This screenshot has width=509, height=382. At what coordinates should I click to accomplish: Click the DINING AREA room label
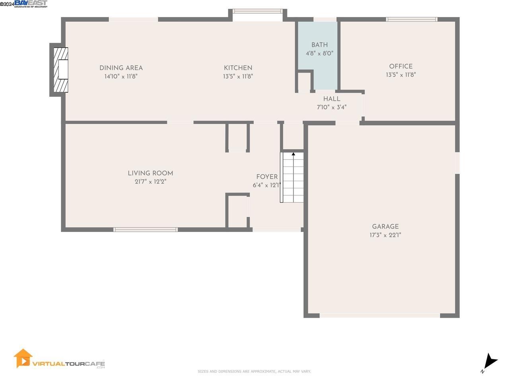pos(121,68)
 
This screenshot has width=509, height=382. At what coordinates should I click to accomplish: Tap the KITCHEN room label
pos(238,68)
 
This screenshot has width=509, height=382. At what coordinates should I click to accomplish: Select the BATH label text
pos(319,45)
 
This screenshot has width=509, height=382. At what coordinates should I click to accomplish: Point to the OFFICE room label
pos(401,66)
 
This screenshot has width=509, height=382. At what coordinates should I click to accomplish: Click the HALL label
pos(331,99)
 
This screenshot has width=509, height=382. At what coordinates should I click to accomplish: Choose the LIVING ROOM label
pos(150,173)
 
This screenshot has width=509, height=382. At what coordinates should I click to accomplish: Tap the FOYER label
pos(267,177)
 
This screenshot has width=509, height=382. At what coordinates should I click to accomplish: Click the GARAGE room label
pos(385,226)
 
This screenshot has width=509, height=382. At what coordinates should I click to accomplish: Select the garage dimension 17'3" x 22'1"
pos(385,235)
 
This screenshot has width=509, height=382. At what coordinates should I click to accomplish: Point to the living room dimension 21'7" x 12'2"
pos(150,182)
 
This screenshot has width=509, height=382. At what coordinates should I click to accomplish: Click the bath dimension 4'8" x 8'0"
pos(319,53)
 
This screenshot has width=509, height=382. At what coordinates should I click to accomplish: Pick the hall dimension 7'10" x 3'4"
pos(331,107)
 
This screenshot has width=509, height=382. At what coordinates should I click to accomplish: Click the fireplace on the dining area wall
pos(60,70)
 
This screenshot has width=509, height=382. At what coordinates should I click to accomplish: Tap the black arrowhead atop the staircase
pos(293,154)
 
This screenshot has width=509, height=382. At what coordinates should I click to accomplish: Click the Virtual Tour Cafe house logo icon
pos(23,359)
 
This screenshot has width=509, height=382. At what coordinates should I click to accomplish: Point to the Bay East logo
pos(31,4)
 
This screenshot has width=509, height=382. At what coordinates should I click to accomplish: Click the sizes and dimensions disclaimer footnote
pos(254,372)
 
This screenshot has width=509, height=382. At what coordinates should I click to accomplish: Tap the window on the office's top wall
pos(411,19)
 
